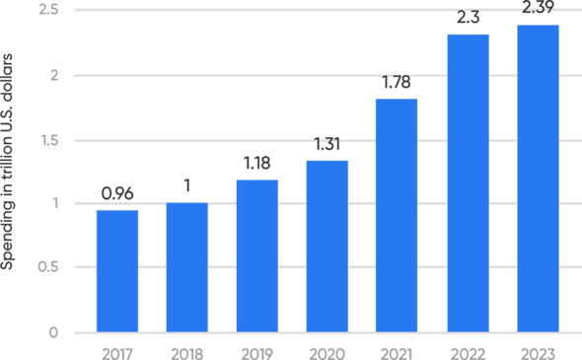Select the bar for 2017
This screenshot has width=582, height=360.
pyautogui.click(x=117, y=270)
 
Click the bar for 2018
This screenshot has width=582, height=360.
pyautogui.click(x=187, y=267)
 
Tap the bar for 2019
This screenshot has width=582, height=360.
pyautogui.click(x=257, y=255)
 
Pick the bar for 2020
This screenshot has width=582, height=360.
pyautogui.click(x=327, y=246)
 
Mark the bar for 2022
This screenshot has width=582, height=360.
pyautogui.click(x=468, y=182)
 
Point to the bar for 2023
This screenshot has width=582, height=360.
pyautogui.click(x=538, y=179)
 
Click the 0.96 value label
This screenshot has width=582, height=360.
pyautogui.click(x=117, y=193)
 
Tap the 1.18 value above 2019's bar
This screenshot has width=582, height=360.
pyautogui.click(x=257, y=163)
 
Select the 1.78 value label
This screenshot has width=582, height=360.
pyautogui.click(x=398, y=82)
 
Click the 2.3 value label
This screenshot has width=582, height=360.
pyautogui.click(x=468, y=17)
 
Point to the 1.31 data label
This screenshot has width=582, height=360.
pyautogui.click(x=327, y=144)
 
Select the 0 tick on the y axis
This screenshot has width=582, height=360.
pyautogui.click(x=53, y=332)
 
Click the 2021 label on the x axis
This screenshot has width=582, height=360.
pyautogui.click(x=398, y=352)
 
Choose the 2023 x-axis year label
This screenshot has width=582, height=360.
pyautogui.click(x=538, y=352)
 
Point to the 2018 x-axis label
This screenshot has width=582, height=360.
pyautogui.click(x=187, y=352)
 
